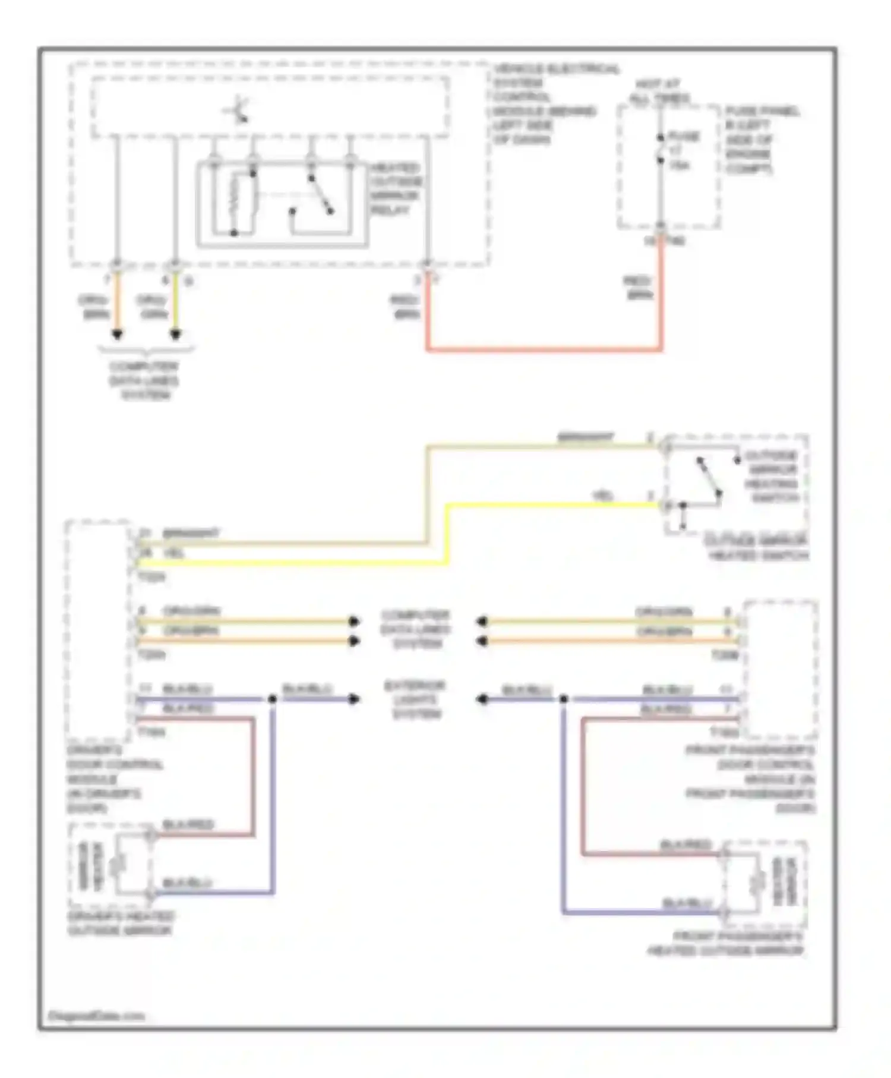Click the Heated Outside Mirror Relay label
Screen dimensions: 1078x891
click(395, 189)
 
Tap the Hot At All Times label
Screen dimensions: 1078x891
click(659, 91)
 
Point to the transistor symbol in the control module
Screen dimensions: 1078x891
click(238, 111)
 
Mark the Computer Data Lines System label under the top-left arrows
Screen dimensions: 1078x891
click(144, 380)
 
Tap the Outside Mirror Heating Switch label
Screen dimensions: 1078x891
click(771, 477)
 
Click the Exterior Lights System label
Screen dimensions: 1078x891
click(415, 699)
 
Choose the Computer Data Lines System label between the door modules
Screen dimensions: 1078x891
click(415, 629)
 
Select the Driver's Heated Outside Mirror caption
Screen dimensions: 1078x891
click(121, 923)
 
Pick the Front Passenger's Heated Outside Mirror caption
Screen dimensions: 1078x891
click(726, 944)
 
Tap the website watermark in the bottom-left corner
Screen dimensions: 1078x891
click(96, 1016)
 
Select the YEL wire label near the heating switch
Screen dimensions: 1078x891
click(602, 495)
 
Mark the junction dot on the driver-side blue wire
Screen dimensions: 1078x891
click(273, 699)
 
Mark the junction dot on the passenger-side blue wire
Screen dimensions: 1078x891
click(563, 699)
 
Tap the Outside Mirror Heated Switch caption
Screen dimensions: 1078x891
click(756, 548)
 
